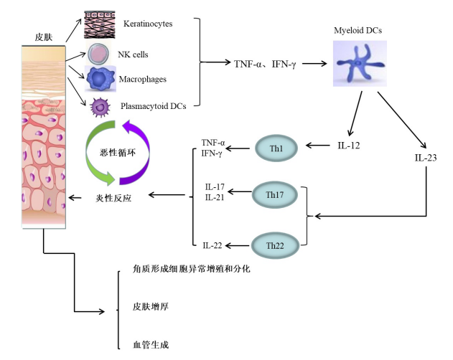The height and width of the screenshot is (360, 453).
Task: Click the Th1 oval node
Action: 276,148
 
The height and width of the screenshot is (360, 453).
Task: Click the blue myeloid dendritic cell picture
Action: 359,64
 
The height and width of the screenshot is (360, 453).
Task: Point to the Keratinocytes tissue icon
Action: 99,24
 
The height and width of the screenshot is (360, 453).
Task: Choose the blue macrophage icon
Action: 99,77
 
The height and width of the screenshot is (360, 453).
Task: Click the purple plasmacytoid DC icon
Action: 100,107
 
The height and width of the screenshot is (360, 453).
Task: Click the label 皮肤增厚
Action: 151,306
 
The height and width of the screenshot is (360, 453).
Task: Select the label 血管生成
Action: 151,345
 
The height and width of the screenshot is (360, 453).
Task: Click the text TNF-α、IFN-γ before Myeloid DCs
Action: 264,64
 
